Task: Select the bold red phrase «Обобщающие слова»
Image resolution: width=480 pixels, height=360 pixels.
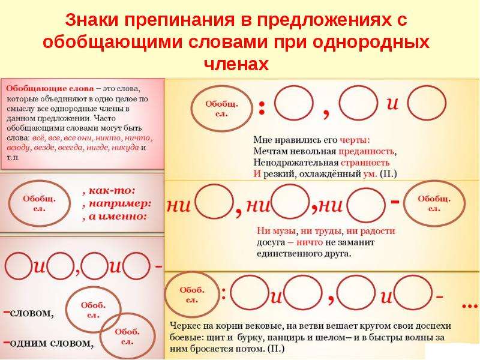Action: coord(50,89)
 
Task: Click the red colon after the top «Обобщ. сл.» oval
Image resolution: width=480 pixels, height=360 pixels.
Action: coord(262,108)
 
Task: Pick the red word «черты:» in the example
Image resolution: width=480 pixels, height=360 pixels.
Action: coord(355,140)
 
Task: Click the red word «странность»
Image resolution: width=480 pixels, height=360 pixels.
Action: coord(365,163)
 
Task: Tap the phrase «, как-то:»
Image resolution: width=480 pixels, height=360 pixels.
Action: coord(109,190)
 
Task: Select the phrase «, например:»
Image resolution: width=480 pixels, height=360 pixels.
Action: coord(117,203)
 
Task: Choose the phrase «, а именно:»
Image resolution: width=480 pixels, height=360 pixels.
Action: coord(115,217)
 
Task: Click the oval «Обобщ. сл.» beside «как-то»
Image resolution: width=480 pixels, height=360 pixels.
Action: coord(40,203)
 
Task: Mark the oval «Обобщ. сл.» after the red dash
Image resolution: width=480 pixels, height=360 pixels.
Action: coord(434,203)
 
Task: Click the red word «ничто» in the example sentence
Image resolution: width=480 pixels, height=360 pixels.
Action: coord(310,242)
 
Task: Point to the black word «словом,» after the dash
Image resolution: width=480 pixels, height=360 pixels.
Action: coord(32,313)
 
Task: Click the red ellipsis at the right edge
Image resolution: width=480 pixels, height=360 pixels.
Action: coord(470,305)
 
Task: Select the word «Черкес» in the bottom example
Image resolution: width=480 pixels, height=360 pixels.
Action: coord(184,326)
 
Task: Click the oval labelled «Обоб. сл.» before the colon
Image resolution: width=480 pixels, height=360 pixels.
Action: coord(192,295)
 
